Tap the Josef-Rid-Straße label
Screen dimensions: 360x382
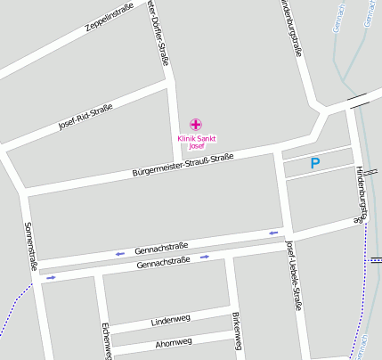(x=85, y=117)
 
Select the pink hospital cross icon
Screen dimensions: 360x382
(x=196, y=124)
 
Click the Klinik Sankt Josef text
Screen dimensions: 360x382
(x=196, y=141)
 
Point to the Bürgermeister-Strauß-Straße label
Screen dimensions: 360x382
(x=183, y=164)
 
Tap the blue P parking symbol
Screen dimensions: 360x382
(x=314, y=164)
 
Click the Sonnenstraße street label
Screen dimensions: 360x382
(x=31, y=246)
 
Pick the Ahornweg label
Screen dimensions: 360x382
(x=173, y=342)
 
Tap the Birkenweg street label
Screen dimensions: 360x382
(x=236, y=331)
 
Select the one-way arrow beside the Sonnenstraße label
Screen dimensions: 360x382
(x=51, y=277)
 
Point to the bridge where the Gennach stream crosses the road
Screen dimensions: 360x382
(x=359, y=101)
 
